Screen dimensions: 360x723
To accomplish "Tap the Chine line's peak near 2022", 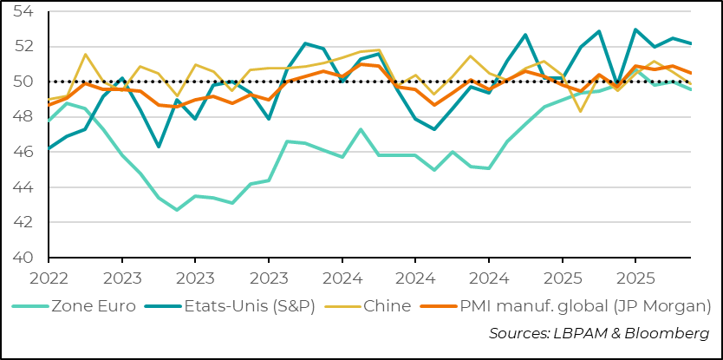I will click(x=85, y=55).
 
